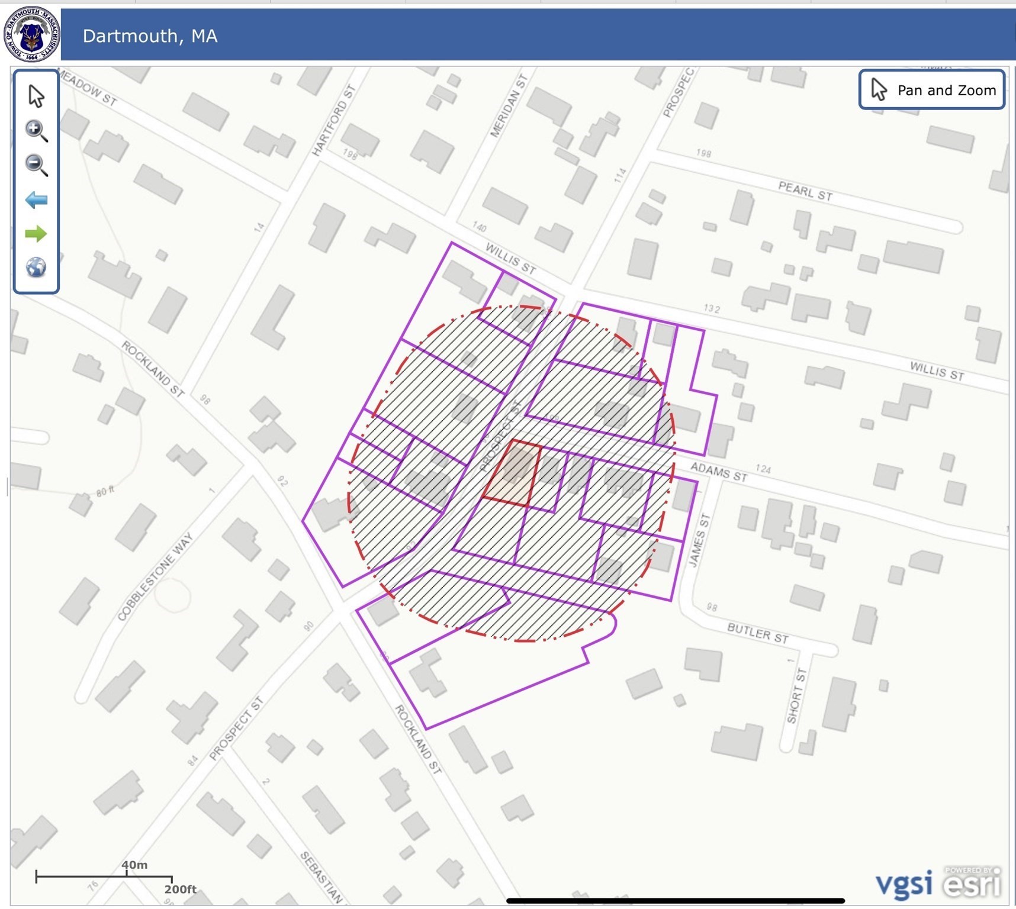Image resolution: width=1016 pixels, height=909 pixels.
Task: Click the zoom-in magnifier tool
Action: tap(36, 130)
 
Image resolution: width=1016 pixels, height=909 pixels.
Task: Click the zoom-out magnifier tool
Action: tap(36, 165)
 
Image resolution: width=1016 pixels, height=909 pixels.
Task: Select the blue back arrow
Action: tap(36, 200)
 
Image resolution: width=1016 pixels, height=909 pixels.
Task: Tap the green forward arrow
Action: tap(36, 234)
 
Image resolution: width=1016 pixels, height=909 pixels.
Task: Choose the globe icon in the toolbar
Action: tap(36, 267)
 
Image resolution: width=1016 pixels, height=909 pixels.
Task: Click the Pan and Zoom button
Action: tap(932, 90)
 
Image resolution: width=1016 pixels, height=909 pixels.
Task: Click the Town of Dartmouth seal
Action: tap(31, 34)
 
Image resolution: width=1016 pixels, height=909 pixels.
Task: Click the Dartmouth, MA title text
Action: tap(150, 36)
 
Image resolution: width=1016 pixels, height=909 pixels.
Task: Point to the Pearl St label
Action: tap(805, 192)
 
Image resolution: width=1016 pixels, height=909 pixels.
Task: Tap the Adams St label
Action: tap(719, 472)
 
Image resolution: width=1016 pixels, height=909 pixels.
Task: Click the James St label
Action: tap(699, 540)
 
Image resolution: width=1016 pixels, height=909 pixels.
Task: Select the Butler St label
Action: tap(758, 633)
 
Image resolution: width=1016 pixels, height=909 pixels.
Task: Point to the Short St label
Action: tap(797, 696)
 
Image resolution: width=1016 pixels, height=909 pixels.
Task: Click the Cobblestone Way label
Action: tap(155, 576)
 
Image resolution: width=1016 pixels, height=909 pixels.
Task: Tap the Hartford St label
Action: tap(333, 121)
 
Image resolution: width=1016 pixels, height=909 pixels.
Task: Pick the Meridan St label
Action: tap(509, 107)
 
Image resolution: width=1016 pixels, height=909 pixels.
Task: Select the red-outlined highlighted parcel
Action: tap(513, 473)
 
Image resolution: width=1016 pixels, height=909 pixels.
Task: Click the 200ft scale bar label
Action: tap(180, 889)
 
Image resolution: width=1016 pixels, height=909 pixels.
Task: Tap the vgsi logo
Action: tap(904, 884)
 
